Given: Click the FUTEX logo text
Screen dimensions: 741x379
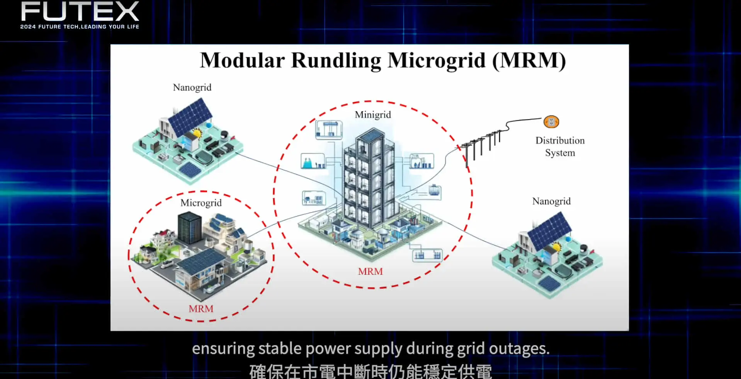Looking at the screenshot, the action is pyautogui.click(x=80, y=11).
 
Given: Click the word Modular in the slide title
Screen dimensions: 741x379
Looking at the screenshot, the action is pyautogui.click(x=242, y=61).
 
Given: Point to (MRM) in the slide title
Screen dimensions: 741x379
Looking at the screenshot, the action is pyautogui.click(x=529, y=61).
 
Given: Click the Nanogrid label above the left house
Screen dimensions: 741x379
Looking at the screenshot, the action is pyautogui.click(x=192, y=88).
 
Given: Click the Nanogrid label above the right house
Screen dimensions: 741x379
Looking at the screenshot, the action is pyautogui.click(x=551, y=201).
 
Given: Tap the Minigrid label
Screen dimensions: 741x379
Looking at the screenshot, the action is pyautogui.click(x=373, y=115).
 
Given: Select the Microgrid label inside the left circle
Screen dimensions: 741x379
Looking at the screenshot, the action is pyautogui.click(x=201, y=203).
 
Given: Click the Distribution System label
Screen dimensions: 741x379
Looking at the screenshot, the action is pyautogui.click(x=560, y=147).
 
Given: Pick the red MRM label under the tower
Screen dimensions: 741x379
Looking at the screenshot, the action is pyautogui.click(x=370, y=271).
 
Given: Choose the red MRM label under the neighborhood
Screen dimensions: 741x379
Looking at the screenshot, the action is pyautogui.click(x=201, y=309).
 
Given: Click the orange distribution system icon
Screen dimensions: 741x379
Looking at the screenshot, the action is pyautogui.click(x=551, y=122).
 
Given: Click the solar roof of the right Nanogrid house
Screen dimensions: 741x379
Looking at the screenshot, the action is pyautogui.click(x=550, y=230).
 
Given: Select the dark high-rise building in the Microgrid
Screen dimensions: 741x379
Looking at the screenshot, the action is pyautogui.click(x=189, y=228).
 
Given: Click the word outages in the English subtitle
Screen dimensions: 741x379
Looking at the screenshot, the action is pyautogui.click(x=519, y=349).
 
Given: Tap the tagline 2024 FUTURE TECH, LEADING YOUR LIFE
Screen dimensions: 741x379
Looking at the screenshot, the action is pyautogui.click(x=80, y=27).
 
